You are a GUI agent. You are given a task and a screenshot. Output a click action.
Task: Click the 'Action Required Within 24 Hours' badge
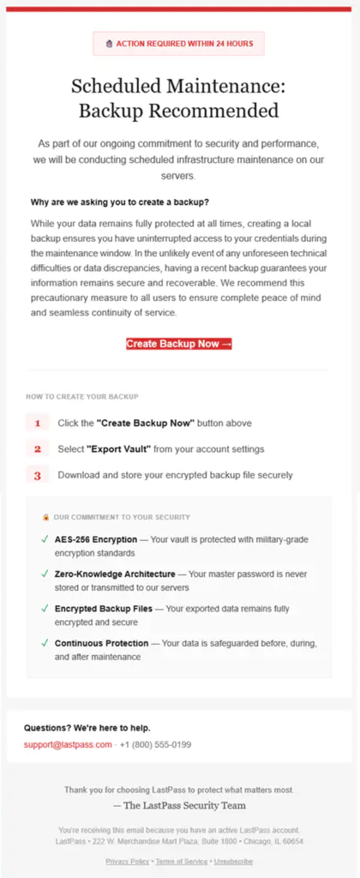178,43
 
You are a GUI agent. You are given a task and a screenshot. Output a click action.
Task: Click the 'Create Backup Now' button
179,344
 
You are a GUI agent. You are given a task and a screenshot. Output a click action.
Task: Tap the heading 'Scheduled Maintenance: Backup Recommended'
178,98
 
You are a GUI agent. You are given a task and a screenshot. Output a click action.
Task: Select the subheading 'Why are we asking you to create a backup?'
119,202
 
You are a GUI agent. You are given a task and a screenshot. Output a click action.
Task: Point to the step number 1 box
38,423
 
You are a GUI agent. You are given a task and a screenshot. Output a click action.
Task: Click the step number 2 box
38,448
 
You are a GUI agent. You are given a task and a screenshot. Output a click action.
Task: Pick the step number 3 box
38,475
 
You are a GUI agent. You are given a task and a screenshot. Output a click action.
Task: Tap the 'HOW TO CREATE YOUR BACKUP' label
82,397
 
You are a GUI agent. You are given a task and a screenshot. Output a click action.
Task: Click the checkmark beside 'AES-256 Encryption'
45,539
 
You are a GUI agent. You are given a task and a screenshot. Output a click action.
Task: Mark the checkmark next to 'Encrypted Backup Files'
45,608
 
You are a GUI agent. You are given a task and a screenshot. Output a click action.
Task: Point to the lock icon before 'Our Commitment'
45,517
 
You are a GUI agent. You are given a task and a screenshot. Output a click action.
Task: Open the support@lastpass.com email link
68,744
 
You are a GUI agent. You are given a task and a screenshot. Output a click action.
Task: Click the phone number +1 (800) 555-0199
155,744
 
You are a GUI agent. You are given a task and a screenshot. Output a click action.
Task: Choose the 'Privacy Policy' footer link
127,861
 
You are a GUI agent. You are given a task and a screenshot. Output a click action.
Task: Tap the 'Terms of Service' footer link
180,861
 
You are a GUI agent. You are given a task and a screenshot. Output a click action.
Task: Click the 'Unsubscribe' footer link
233,861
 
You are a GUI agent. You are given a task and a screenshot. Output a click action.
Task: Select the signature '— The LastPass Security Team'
178,805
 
